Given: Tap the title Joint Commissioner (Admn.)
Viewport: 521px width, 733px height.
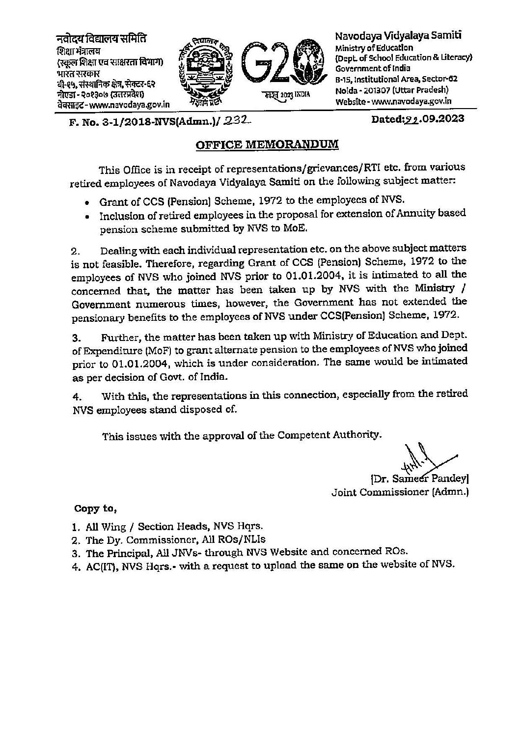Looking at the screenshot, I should (x=400, y=492).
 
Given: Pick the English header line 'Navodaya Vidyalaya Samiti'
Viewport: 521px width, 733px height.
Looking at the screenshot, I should (x=398, y=36).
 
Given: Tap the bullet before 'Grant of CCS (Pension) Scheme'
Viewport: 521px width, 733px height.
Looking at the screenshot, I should (x=87, y=202).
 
